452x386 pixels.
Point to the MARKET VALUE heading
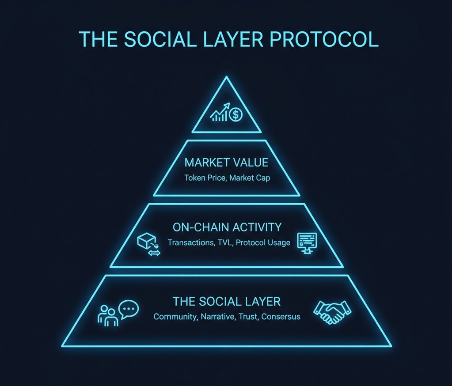[226, 163]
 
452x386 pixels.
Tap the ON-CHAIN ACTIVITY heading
[227, 227]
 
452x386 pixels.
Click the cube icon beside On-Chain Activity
[145, 241]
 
